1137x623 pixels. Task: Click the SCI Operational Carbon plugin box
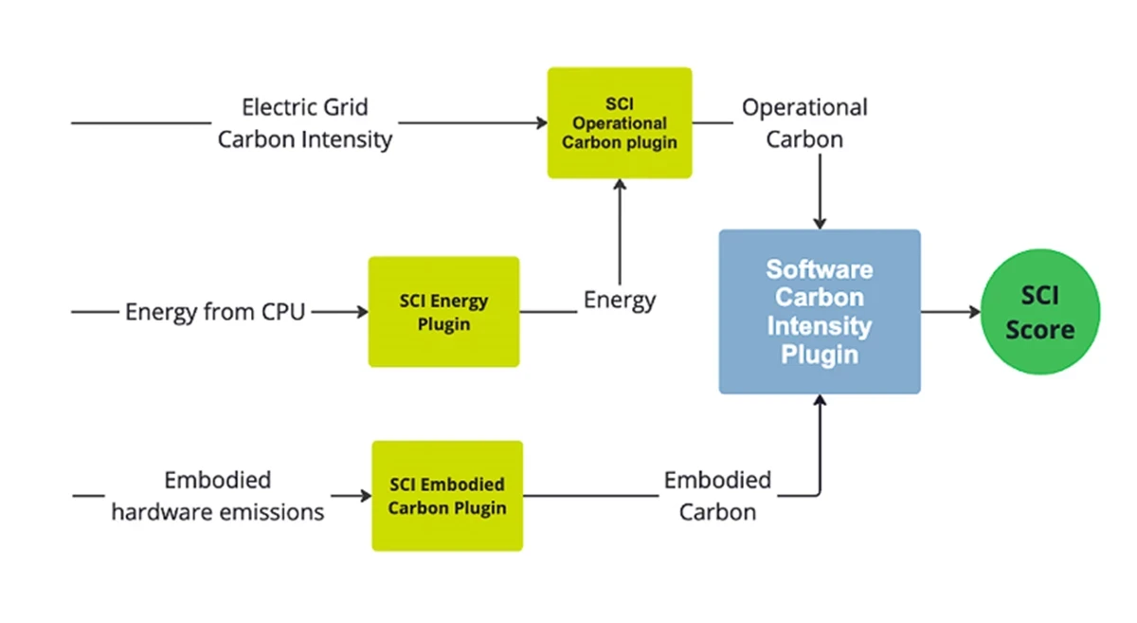point(620,123)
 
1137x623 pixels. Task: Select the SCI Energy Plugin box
point(443,312)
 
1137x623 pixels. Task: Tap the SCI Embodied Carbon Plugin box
point(446,496)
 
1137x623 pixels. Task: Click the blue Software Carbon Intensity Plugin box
point(819,312)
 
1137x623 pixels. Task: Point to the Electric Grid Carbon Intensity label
point(304,123)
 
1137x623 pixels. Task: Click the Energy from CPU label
point(215,311)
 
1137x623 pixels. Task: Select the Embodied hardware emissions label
point(217,496)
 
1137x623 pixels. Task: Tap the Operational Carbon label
point(804,123)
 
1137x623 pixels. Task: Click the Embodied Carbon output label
point(717,496)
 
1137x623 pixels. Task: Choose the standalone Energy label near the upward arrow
point(620,301)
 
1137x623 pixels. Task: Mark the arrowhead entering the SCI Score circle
point(974,312)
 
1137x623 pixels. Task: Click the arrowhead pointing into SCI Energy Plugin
point(362,311)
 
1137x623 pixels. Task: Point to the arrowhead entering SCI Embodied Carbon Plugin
point(366,495)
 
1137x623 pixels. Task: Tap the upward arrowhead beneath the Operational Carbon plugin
point(620,186)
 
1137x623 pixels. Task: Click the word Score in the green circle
point(1039,330)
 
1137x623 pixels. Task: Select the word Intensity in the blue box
point(819,326)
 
